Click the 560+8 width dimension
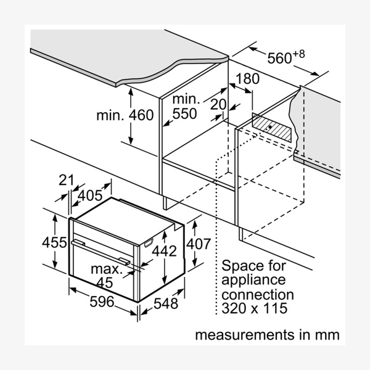pyautogui.click(x=286, y=57)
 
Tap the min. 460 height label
pyautogui.click(x=125, y=115)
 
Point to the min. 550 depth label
pyautogui.click(x=185, y=107)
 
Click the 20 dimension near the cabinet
pyautogui.click(x=218, y=105)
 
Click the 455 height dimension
pyautogui.click(x=55, y=242)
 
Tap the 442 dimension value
pyautogui.click(x=165, y=251)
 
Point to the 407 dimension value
pyautogui.click(x=199, y=244)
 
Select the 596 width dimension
pyautogui.click(x=102, y=302)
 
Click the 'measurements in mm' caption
pyautogui.click(x=267, y=335)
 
